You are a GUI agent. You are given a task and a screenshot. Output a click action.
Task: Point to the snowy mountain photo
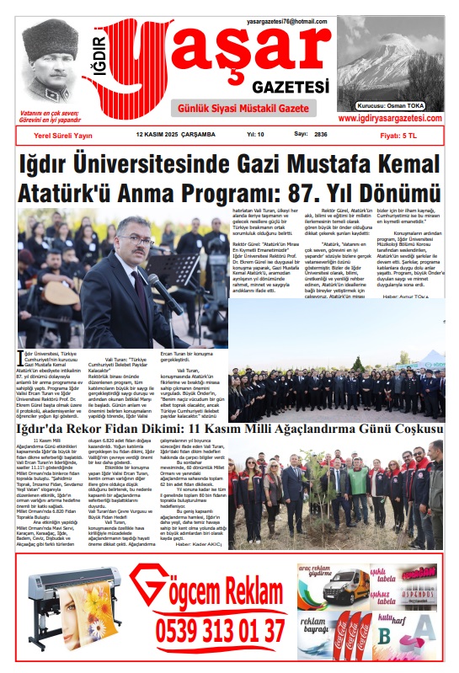pyautogui.click(x=389, y=67)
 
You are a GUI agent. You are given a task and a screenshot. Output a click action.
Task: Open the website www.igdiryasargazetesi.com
pyautogui.click(x=391, y=119)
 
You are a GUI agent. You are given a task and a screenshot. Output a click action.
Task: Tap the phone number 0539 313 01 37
pyautogui.click(x=221, y=629)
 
